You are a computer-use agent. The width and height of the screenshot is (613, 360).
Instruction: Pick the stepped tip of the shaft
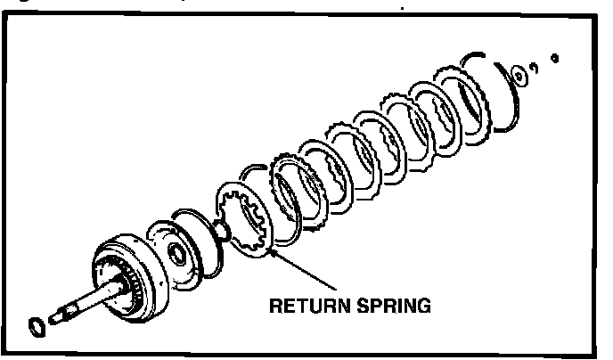pos(61,315)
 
